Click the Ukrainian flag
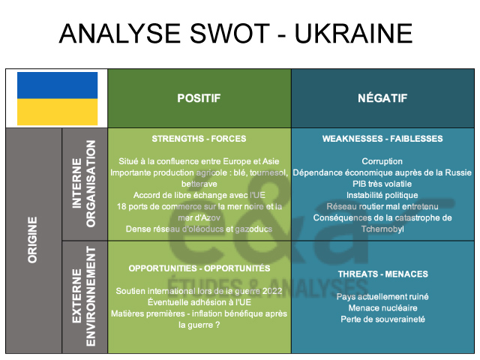57,98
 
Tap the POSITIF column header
199,98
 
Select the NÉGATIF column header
382,98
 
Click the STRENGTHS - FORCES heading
199,139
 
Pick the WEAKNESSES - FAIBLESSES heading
382,139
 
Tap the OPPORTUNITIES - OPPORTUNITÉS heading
199,268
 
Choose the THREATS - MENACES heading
382,274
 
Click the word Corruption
382,161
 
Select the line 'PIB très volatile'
382,184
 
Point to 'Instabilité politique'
382,195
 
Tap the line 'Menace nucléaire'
382,307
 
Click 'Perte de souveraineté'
382,319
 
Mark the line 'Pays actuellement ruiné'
382,296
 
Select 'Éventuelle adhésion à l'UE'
199,302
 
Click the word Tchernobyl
382,229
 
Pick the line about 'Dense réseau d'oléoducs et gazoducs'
199,229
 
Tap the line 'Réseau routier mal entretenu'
382,206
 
